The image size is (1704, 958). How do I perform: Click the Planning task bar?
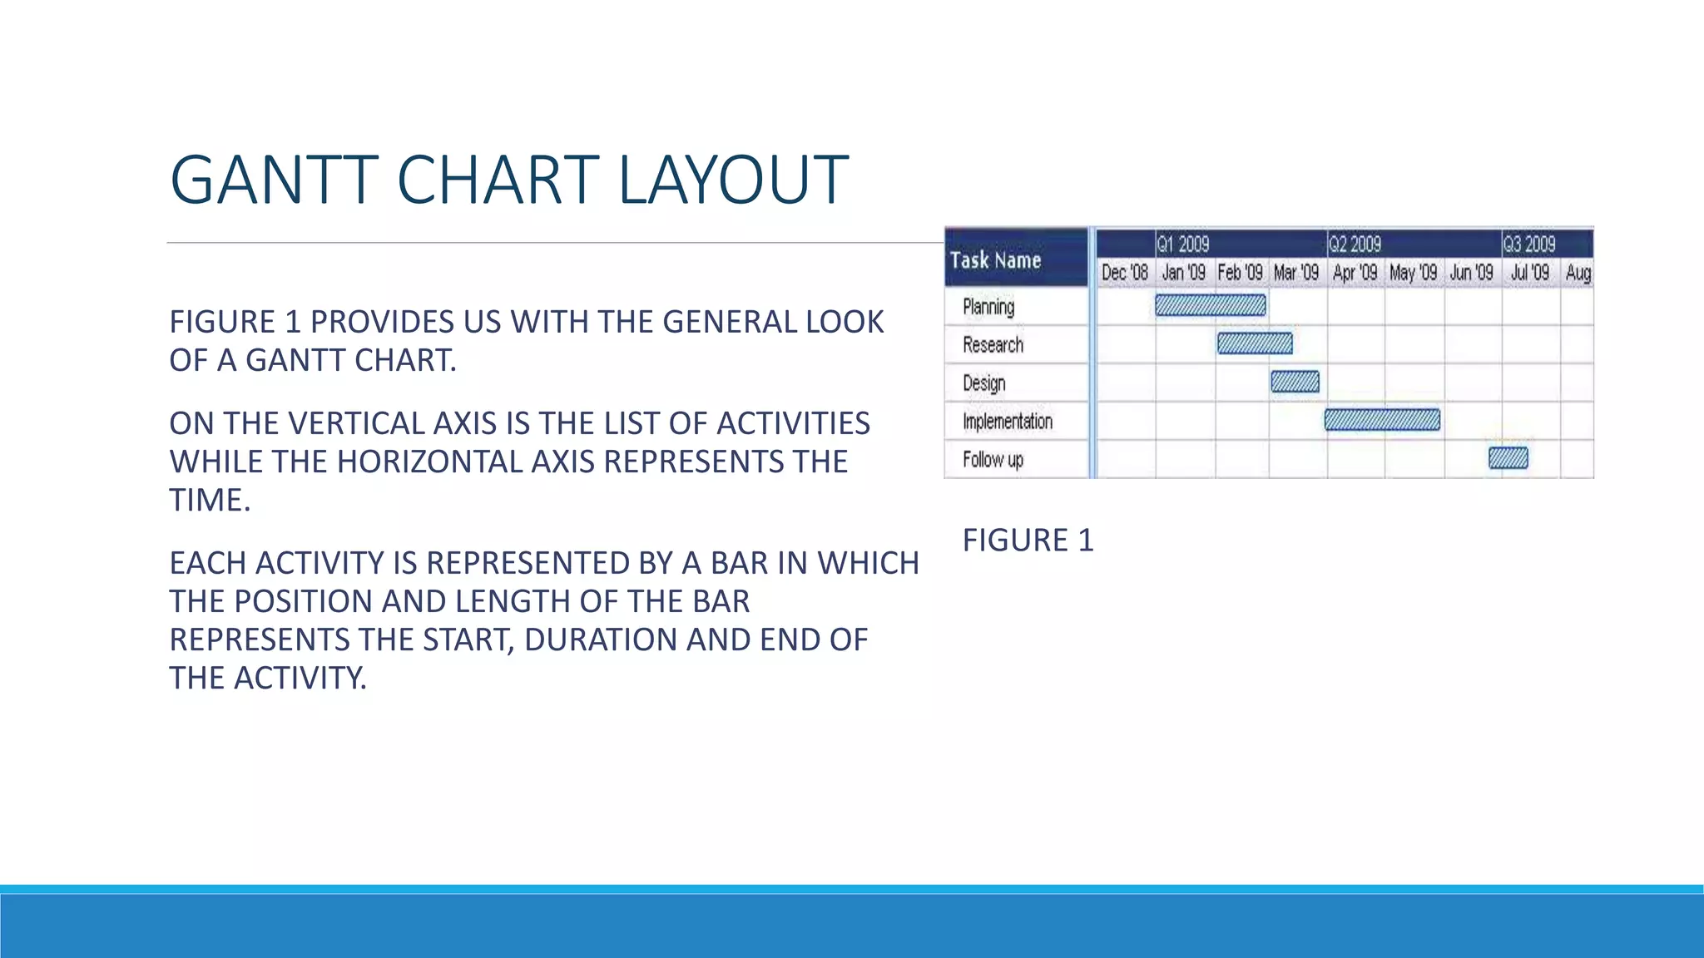pyautogui.click(x=1210, y=305)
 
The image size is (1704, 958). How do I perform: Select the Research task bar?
pyautogui.click(x=1255, y=343)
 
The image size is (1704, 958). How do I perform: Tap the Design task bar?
pyautogui.click(x=1295, y=382)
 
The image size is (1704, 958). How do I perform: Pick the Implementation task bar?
pyautogui.click(x=1382, y=420)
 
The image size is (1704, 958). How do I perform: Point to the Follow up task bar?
pyautogui.click(x=1508, y=458)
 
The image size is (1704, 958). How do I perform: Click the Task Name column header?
pyautogui.click(x=996, y=260)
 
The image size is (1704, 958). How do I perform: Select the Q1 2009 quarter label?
pyautogui.click(x=1182, y=244)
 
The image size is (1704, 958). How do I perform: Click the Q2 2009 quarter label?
pyautogui.click(x=1355, y=244)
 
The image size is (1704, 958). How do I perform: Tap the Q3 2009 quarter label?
pyautogui.click(x=1528, y=244)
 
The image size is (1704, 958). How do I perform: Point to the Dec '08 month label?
pyautogui.click(x=1125, y=273)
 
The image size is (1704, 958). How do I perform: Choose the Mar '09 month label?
pyautogui.click(x=1296, y=273)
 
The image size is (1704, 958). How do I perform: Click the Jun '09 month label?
pyautogui.click(x=1471, y=273)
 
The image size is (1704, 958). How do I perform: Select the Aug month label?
pyautogui.click(x=1578, y=273)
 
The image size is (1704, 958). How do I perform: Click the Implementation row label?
pyautogui.click(x=1008, y=422)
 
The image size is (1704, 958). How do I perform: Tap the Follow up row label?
pyautogui.click(x=993, y=460)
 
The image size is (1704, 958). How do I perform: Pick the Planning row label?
pyautogui.click(x=988, y=307)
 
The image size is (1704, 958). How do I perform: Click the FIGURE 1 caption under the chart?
pyautogui.click(x=1028, y=541)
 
